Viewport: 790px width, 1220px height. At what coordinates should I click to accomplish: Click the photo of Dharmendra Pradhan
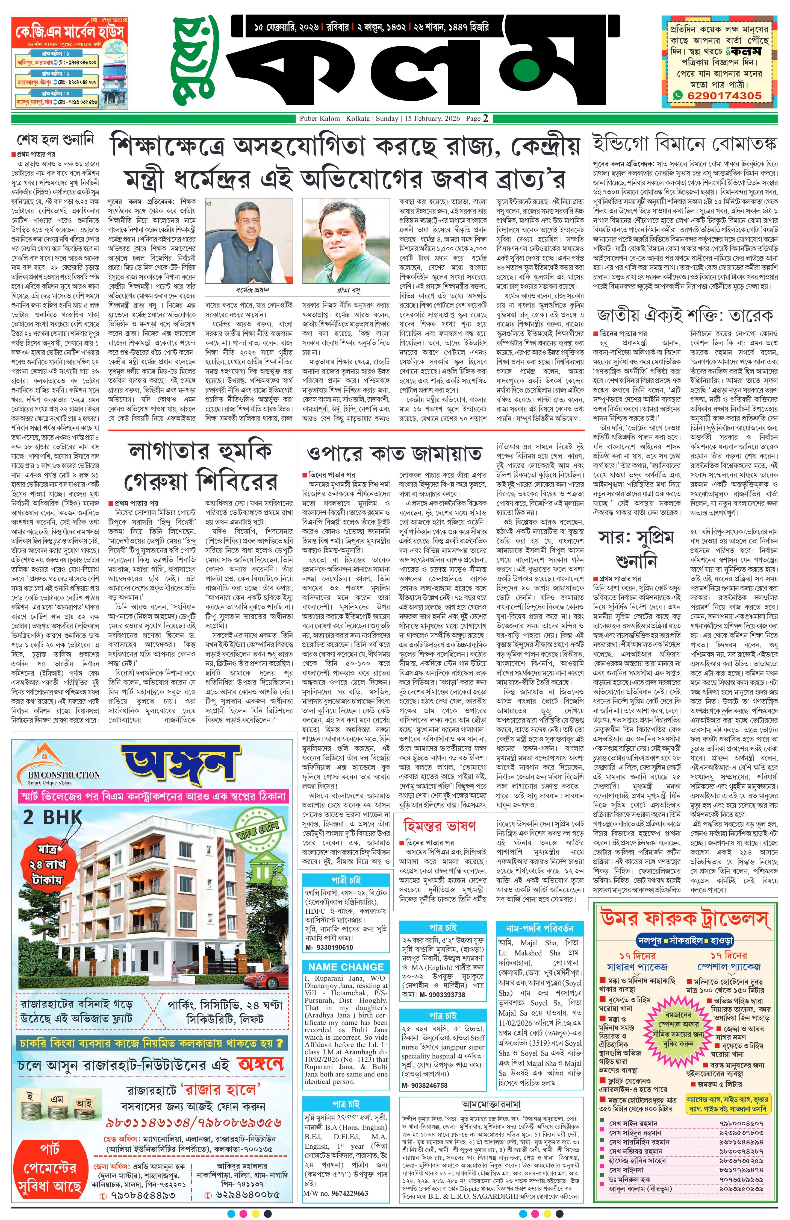point(249,240)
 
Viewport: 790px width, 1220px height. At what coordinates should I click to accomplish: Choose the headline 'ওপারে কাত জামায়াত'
point(394,454)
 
